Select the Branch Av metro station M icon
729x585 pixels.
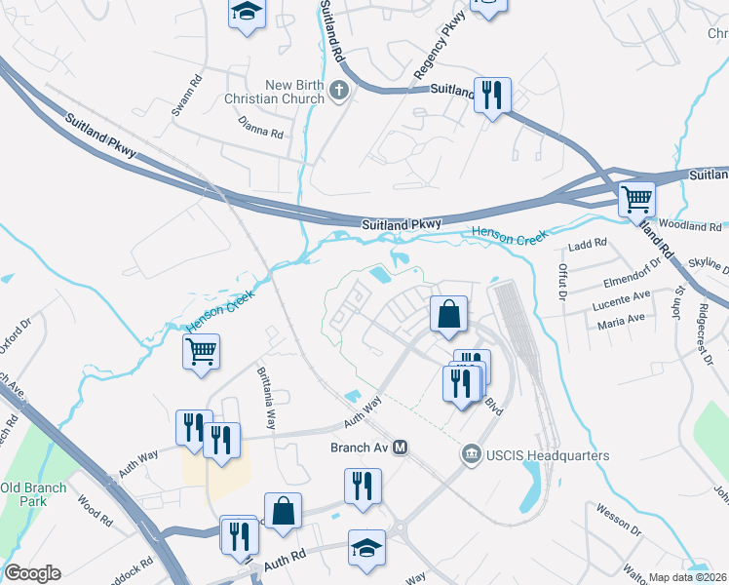click(x=400, y=448)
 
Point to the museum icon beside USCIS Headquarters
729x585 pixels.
click(x=471, y=455)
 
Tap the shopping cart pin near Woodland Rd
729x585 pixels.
click(x=636, y=200)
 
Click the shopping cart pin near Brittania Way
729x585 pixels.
click(x=201, y=351)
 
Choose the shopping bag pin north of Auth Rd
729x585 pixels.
click(x=283, y=511)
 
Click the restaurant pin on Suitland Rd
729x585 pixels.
click(x=492, y=96)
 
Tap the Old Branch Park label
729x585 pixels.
click(x=33, y=495)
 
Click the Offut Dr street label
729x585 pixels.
click(x=562, y=278)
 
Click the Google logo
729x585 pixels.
click(x=32, y=572)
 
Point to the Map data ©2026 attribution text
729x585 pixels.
click(x=688, y=577)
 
